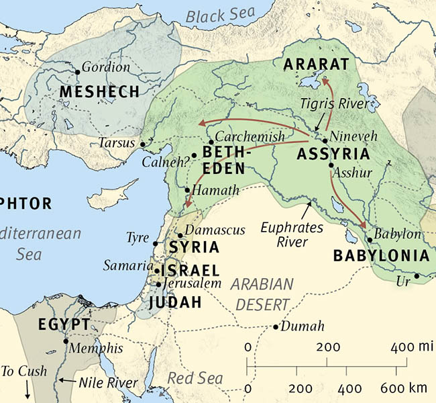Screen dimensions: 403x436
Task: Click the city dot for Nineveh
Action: pyautogui.click(x=325, y=141)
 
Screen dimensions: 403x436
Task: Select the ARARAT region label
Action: pyautogui.click(x=317, y=64)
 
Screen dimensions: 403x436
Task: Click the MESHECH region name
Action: pyautogui.click(x=99, y=91)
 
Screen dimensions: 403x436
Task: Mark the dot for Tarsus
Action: pyautogui.click(x=142, y=144)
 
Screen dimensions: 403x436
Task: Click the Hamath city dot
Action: pyautogui.click(x=187, y=191)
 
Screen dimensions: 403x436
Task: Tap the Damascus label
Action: pyautogui.click(x=215, y=230)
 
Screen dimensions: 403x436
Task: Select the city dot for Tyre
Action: pyautogui.click(x=156, y=243)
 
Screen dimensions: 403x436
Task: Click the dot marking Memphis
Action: pyautogui.click(x=66, y=341)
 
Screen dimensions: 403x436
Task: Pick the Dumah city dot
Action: pyautogui.click(x=276, y=327)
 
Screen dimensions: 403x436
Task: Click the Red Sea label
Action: pyautogui.click(x=195, y=378)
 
